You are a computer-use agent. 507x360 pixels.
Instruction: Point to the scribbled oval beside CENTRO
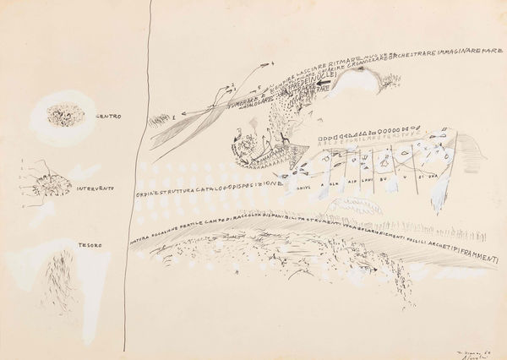coord(60,113)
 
